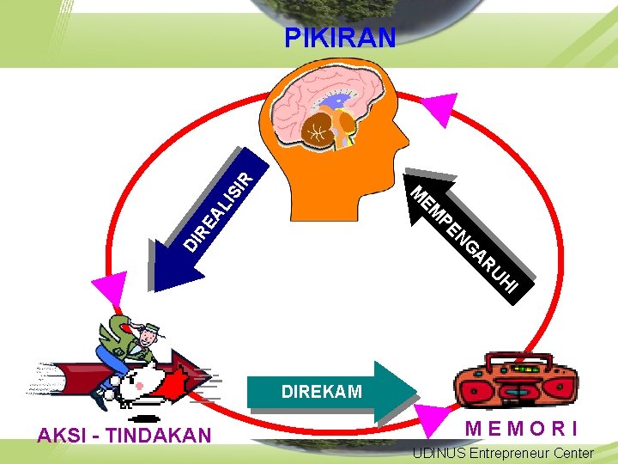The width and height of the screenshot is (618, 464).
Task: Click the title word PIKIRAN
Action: [340, 38]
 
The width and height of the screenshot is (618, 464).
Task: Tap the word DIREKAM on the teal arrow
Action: [322, 392]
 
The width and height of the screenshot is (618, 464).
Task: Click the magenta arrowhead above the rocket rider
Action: [109, 287]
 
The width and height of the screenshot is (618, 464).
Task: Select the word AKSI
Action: [60, 436]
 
